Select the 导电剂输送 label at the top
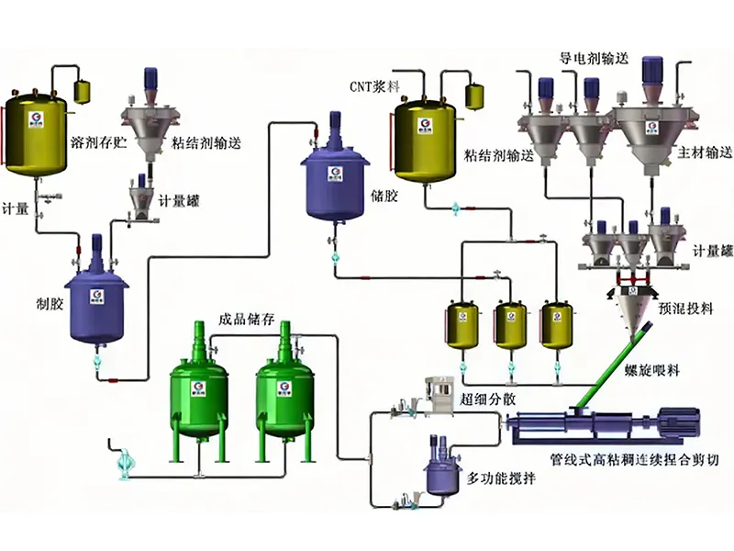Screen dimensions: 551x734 [x=594, y=58]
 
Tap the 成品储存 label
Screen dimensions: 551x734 [x=243, y=320]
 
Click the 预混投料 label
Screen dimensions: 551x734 [x=685, y=309]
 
